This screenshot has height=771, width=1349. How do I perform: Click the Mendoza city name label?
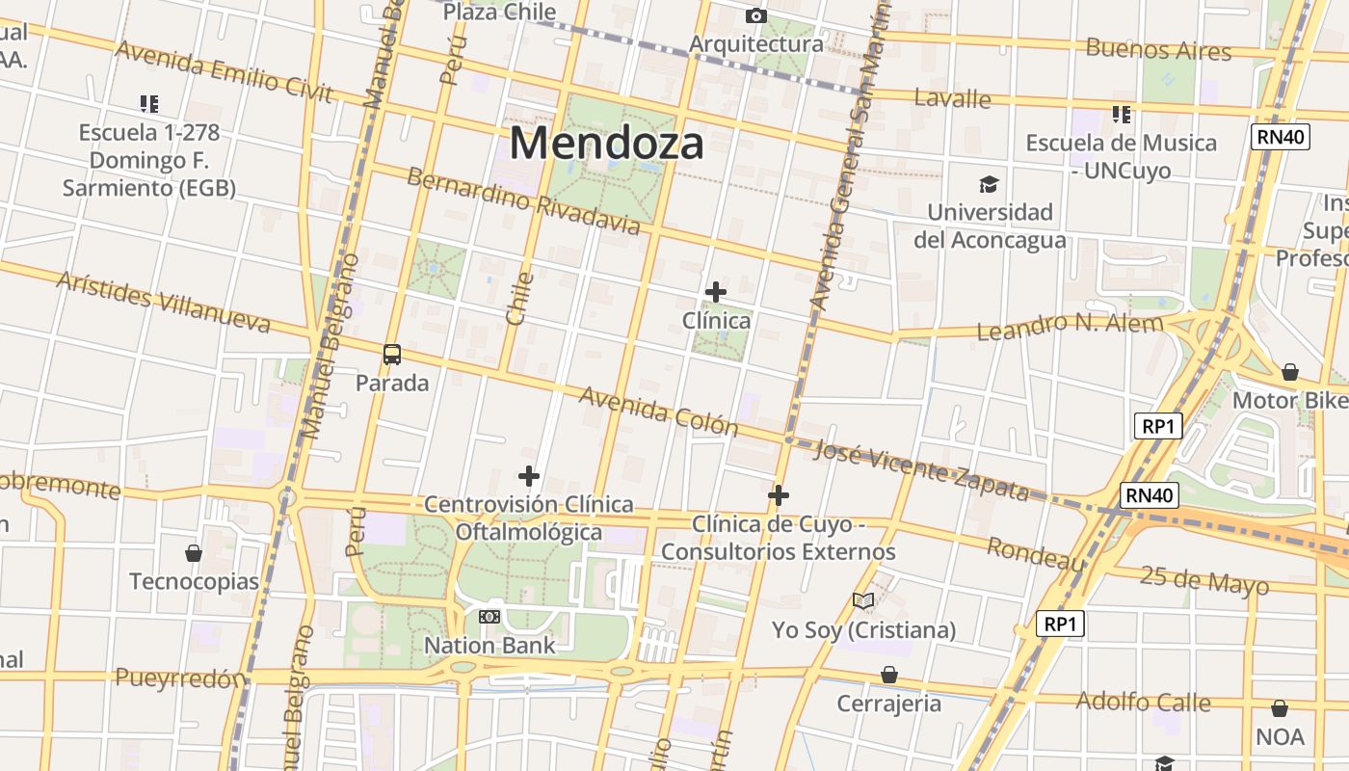tap(606, 144)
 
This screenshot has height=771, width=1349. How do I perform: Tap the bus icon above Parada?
tap(392, 354)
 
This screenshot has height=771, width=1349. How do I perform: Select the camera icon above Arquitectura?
tap(756, 15)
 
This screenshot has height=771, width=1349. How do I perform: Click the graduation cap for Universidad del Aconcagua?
tap(989, 184)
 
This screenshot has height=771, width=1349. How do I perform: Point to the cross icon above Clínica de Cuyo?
tap(779, 496)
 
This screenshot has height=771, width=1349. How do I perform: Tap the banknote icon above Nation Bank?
tap(489, 617)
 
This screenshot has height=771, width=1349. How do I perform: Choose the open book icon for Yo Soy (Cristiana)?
tap(863, 601)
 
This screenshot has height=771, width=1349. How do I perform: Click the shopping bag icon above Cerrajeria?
tap(888, 675)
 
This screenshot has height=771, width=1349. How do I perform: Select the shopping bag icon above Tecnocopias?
tap(194, 553)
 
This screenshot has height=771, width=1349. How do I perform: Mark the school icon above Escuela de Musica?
tap(1121, 115)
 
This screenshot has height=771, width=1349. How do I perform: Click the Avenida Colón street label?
tap(658, 412)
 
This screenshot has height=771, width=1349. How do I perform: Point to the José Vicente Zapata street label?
tap(921, 469)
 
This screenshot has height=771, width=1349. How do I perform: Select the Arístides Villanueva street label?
tap(163, 302)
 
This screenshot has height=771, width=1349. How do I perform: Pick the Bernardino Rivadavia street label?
tap(523, 200)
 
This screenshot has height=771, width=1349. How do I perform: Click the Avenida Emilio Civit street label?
tap(224, 70)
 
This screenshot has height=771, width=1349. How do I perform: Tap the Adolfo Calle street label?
tap(1143, 701)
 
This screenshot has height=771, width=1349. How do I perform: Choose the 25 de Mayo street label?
tap(1204, 580)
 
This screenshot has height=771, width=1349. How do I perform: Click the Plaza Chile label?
tap(499, 12)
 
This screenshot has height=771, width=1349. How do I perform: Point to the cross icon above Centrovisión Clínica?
tap(529, 476)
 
